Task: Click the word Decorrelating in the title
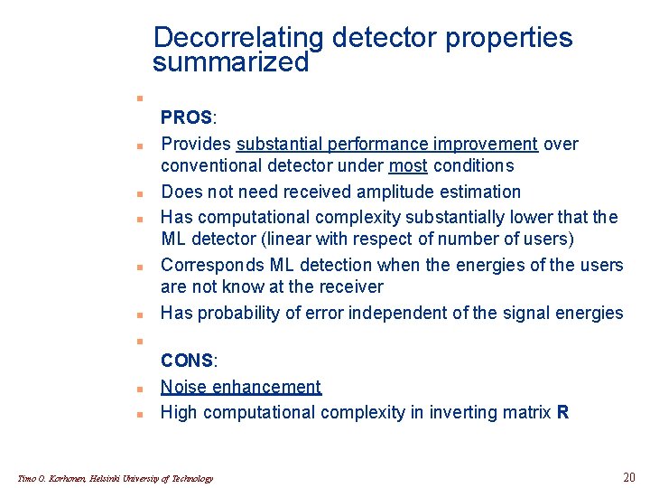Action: (x=237, y=38)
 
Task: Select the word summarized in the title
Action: (x=230, y=63)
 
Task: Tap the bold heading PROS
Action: (x=186, y=118)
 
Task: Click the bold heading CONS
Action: (x=187, y=361)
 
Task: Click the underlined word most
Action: (x=408, y=165)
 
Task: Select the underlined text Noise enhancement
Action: (x=240, y=387)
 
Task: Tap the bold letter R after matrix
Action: (x=563, y=412)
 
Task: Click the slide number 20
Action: (x=629, y=477)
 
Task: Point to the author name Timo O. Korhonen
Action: (x=52, y=478)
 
